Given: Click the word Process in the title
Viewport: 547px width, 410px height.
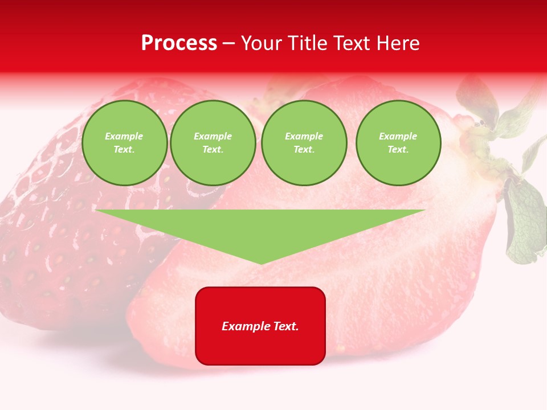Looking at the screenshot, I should pos(179,43).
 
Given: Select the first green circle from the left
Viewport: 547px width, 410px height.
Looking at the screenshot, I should pos(125,143).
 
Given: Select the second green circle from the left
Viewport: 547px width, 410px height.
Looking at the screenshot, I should pos(213,143).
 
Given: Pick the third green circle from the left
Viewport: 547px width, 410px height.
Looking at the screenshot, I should pos(304,143).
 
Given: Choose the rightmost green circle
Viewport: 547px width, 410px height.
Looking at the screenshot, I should pos(398,143).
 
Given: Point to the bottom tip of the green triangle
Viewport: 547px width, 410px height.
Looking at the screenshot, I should pos(261,263).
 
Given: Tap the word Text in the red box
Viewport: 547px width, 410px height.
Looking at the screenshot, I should pos(287,326).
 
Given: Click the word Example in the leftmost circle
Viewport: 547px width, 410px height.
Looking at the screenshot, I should pos(124,136).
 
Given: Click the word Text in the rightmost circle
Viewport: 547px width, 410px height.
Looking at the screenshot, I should pos(398,150).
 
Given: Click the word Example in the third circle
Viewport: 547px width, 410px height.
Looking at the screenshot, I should pos(304,136).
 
